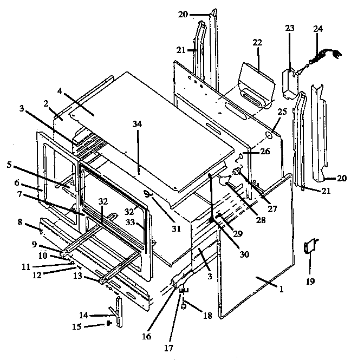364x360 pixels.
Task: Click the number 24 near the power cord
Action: click(316, 29)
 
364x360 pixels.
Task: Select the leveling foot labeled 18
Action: click(183, 306)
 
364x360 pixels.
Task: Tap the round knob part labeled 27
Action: click(236, 172)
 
